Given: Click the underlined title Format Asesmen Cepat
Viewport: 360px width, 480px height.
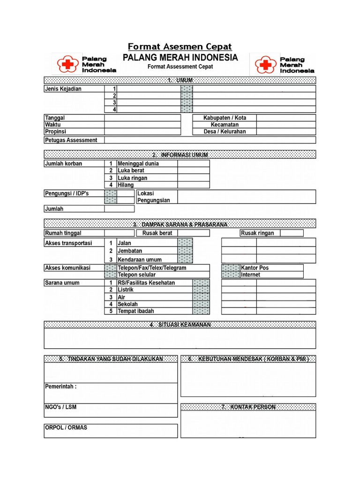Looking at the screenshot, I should click(180, 46).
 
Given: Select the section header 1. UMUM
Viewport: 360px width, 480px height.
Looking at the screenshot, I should click(180, 81).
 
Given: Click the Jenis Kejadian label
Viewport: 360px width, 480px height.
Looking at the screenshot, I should click(63, 89).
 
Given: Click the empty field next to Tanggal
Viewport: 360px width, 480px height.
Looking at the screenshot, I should click(142, 118).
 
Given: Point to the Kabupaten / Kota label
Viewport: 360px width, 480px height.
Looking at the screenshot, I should click(225, 118).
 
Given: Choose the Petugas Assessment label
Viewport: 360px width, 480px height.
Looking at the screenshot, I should click(71, 140).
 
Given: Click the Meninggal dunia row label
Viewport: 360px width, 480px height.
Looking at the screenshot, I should click(138, 164).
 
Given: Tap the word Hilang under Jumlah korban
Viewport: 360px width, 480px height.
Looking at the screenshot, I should click(126, 185).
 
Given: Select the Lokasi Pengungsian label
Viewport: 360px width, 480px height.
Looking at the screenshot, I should click(153, 197).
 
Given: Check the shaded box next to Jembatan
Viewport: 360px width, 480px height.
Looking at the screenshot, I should click(185, 251).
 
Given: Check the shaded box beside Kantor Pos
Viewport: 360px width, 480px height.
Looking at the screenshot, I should click(230, 268).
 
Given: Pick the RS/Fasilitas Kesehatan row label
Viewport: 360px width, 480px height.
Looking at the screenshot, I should click(146, 283).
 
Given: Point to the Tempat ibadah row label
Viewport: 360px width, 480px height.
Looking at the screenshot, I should click(135, 311).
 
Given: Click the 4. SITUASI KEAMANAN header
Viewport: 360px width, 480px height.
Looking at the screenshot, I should click(180, 325).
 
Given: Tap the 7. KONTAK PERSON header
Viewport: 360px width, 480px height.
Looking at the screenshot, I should click(248, 407).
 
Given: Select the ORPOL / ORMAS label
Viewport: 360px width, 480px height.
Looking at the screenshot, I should click(66, 428).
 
